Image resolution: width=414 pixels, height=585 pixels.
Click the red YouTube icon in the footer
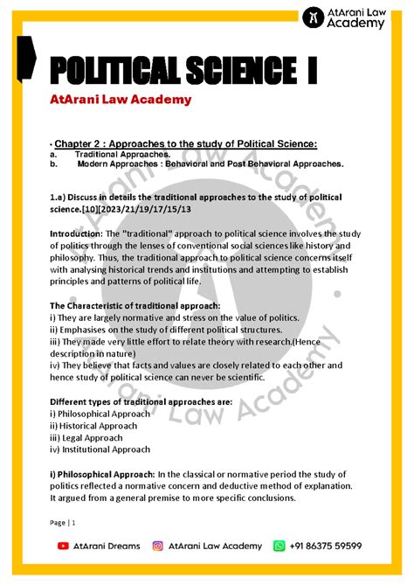point(63,546)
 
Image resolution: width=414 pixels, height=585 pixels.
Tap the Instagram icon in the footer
point(158,546)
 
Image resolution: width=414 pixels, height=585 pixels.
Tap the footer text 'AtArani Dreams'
point(107,546)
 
